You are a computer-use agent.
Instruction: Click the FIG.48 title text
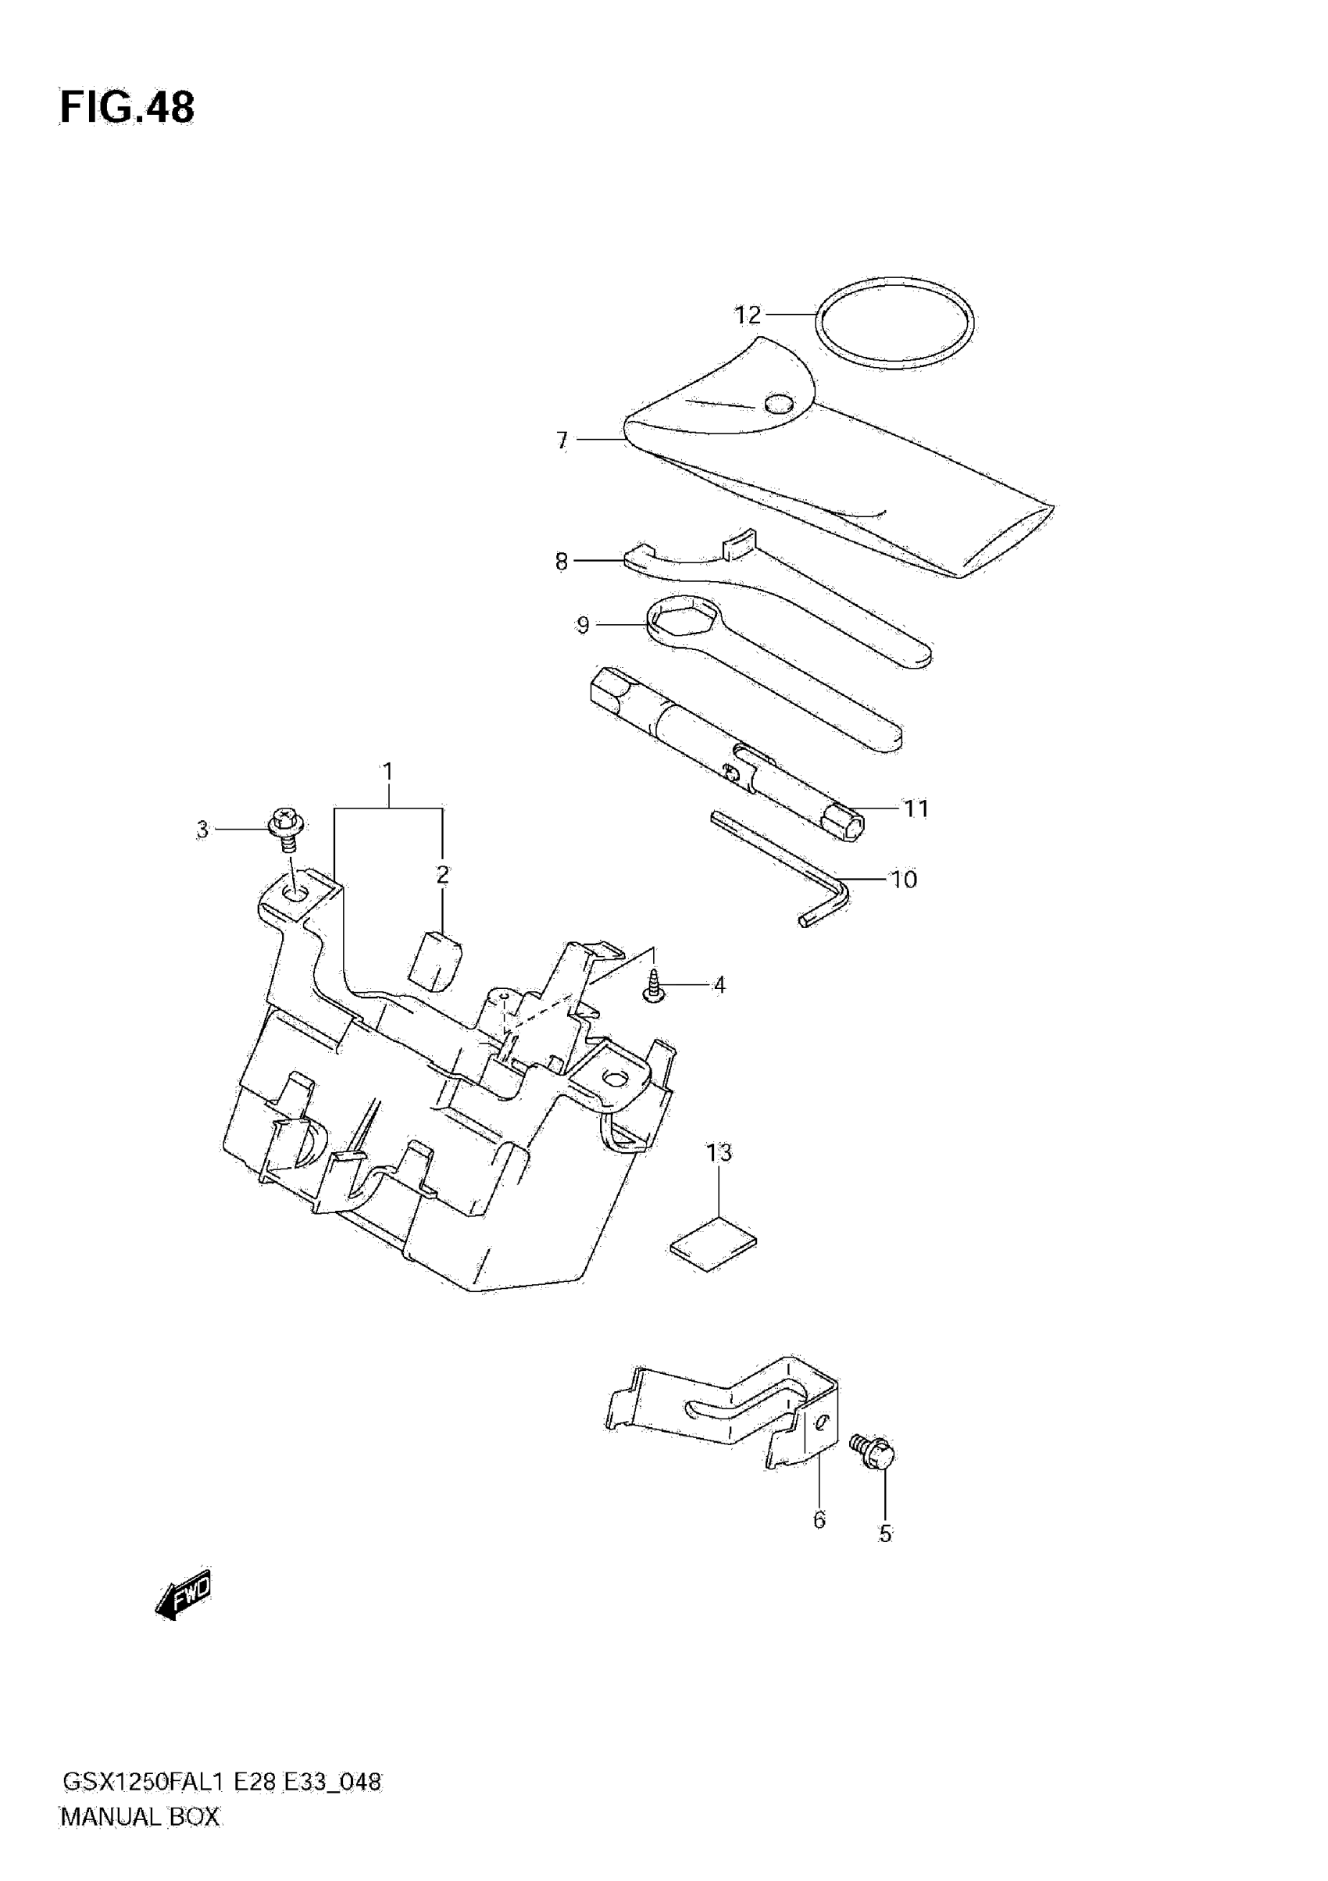(x=127, y=107)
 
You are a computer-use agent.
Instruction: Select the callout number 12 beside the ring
(x=747, y=316)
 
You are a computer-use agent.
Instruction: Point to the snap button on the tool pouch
(x=778, y=403)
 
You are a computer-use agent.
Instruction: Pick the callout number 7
(x=562, y=441)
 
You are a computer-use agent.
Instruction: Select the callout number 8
(x=561, y=562)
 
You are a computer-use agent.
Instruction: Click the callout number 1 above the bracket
(x=387, y=772)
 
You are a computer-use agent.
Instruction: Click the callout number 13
(x=719, y=1153)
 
